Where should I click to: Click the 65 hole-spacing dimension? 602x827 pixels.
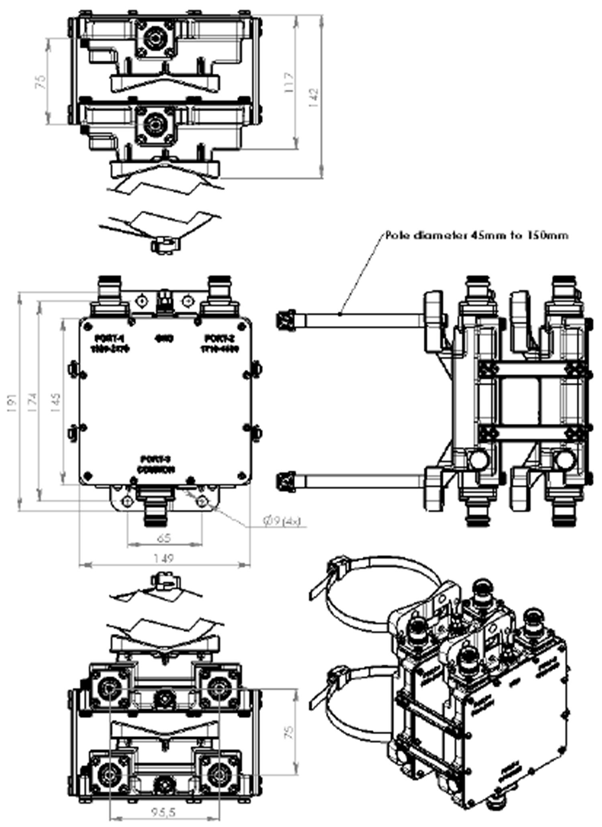click(x=164, y=537)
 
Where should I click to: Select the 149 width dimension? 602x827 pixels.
click(x=164, y=558)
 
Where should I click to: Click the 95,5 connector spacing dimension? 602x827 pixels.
click(x=164, y=812)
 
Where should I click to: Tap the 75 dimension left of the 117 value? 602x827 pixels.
click(x=40, y=82)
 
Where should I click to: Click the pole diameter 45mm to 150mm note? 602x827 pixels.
click(x=477, y=235)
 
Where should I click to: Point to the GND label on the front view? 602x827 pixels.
click(x=164, y=339)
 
